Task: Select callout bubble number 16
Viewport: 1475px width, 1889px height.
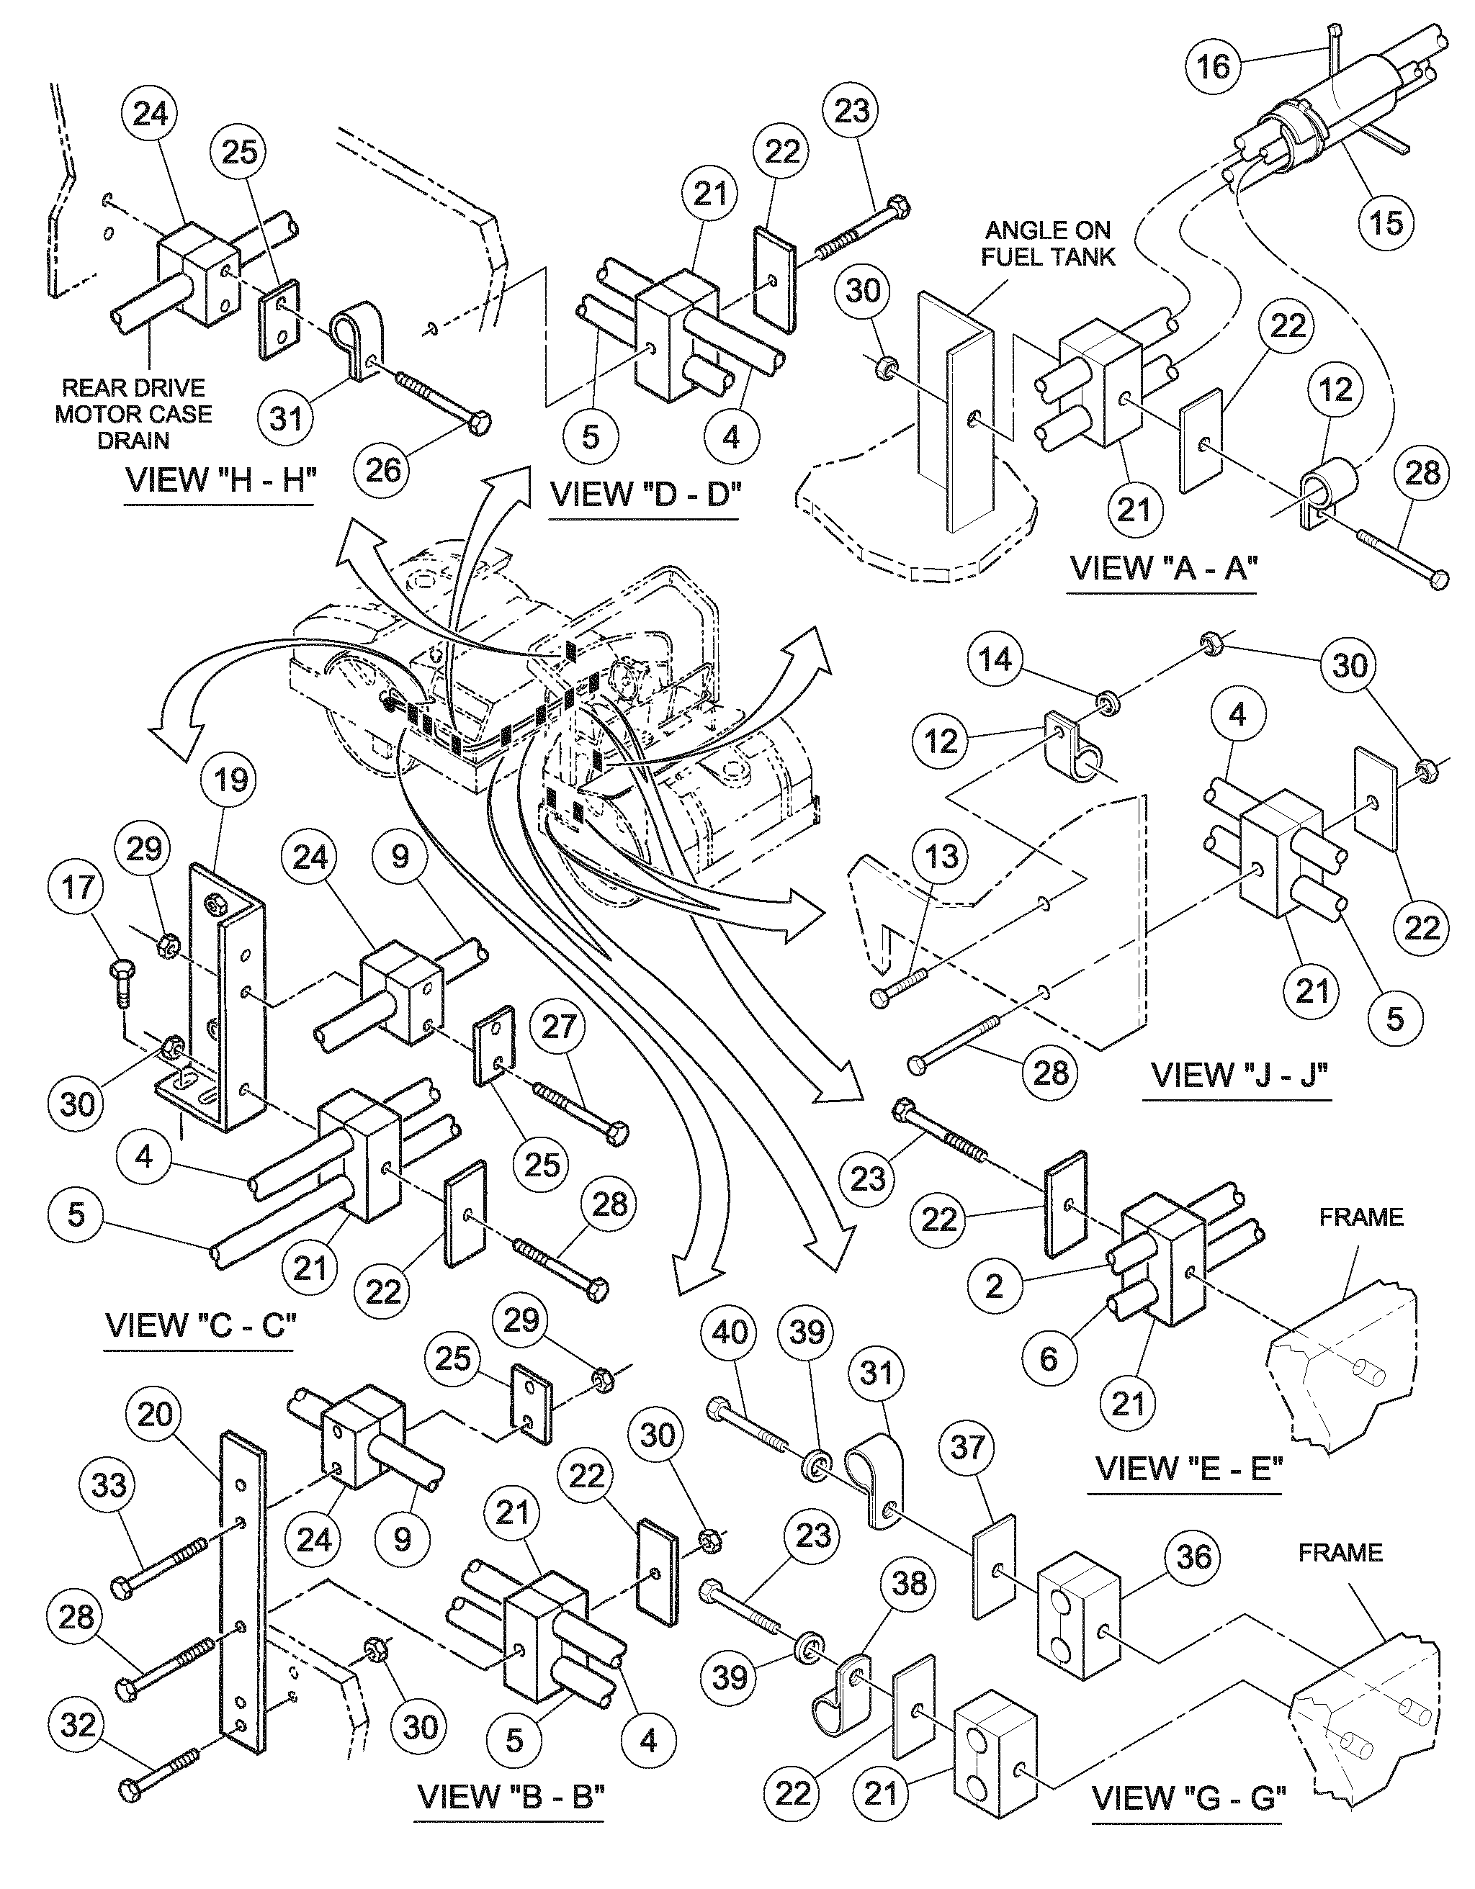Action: [1213, 65]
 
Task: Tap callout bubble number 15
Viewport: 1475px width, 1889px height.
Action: [1385, 222]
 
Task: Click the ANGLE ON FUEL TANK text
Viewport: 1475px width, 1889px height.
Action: [1048, 243]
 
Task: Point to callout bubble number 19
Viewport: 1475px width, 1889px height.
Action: [230, 780]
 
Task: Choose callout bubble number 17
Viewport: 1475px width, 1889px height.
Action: [77, 887]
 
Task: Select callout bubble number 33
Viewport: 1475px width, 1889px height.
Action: [109, 1485]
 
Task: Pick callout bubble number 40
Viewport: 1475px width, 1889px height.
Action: [730, 1331]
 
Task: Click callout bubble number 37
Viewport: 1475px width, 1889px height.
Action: [967, 1446]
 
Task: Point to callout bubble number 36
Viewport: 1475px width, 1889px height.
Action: [1194, 1557]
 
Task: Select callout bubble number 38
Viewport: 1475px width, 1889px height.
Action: [908, 1584]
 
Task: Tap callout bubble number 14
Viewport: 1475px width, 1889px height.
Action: [995, 660]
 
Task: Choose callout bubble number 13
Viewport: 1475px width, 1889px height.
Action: [941, 856]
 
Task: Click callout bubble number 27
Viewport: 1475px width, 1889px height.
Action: [559, 1026]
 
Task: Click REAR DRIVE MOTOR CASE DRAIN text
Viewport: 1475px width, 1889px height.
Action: [133, 413]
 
